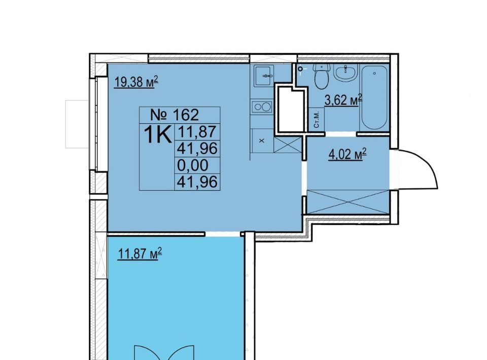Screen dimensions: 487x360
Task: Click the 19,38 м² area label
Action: [136, 82]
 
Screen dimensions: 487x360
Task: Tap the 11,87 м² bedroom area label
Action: [140, 254]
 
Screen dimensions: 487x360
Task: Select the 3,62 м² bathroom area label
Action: [343, 100]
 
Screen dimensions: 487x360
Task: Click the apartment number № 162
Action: [175, 115]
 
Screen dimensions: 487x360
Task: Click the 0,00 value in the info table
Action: [193, 165]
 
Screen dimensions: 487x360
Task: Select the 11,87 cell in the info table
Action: [197, 132]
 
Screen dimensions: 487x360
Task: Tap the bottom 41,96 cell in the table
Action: [197, 182]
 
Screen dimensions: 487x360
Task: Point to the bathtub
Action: [374, 97]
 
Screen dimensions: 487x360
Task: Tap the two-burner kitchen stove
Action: [262, 107]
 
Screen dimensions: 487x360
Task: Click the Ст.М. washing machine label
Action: [317, 120]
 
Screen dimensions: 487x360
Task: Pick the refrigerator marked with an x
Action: [262, 141]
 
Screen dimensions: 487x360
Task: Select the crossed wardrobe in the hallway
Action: [348, 202]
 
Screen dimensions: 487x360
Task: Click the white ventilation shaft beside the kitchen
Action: [290, 109]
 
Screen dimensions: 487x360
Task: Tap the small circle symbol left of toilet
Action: [300, 69]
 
